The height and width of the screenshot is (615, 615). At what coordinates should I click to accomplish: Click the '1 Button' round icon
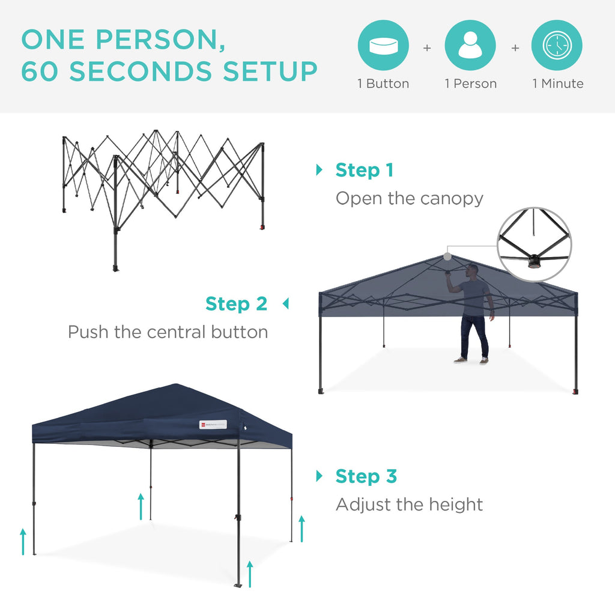[383, 46]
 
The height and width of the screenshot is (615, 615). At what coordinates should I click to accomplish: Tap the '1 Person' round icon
[470, 46]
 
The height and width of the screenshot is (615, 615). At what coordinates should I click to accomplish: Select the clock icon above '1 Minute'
[557, 46]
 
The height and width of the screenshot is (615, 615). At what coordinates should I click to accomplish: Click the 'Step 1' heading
[364, 170]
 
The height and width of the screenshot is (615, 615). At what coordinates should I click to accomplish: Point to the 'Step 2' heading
[236, 304]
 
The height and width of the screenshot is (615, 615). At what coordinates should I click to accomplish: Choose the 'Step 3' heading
[366, 476]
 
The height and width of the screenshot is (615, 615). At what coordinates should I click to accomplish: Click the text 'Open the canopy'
[409, 198]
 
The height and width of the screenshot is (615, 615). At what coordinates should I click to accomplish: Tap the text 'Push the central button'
[168, 332]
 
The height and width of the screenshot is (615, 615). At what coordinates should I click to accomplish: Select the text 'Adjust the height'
[409, 504]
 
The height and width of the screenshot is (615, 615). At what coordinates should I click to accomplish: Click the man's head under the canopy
[473, 270]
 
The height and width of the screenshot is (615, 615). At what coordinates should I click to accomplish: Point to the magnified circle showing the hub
[535, 244]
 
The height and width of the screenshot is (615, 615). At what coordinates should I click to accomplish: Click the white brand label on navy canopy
[213, 425]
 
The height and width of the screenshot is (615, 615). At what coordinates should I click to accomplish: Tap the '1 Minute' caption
[557, 84]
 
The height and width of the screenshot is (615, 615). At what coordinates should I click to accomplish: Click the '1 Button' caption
[383, 84]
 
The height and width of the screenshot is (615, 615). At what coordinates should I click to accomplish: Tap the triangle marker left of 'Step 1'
[319, 170]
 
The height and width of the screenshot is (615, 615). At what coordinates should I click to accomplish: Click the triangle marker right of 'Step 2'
[285, 304]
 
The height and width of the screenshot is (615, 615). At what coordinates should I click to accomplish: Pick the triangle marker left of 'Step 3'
[319, 476]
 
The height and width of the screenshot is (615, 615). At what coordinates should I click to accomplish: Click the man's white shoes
[470, 361]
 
